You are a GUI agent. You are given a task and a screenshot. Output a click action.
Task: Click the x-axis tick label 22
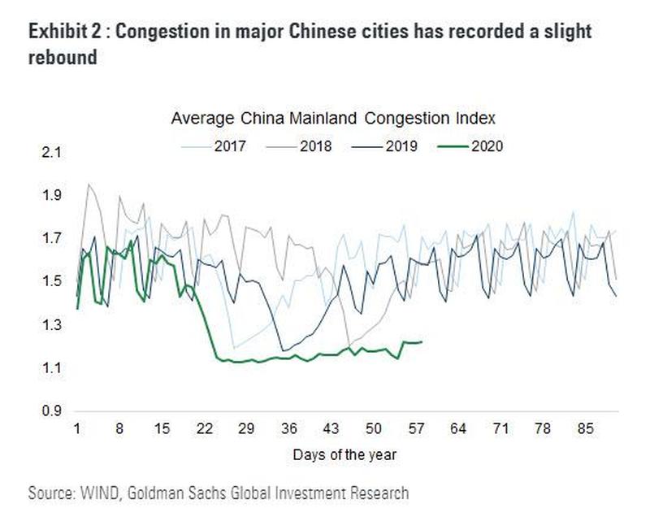(x=205, y=428)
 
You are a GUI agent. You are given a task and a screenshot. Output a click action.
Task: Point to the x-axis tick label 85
(x=586, y=428)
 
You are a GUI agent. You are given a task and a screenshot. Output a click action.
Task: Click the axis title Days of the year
(x=344, y=452)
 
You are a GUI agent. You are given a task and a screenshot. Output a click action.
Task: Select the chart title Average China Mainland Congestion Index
(x=345, y=119)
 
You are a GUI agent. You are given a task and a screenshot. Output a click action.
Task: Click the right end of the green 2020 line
(x=421, y=342)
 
